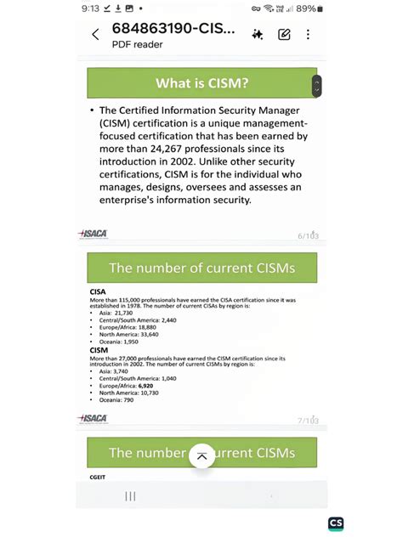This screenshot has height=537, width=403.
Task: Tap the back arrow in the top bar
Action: pos(95,35)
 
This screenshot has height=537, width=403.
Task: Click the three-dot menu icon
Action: pos(308,35)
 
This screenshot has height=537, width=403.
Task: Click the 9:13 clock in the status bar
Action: pos(91,8)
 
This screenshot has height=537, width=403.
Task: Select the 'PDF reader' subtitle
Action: pos(137,44)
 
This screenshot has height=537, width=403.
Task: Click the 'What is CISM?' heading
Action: pos(201,83)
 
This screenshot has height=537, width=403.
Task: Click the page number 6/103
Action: pos(307,235)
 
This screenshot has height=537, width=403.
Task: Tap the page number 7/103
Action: pos(307,420)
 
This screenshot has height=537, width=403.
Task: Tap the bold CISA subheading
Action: pos(98,291)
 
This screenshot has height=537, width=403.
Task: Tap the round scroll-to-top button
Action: pos(201,456)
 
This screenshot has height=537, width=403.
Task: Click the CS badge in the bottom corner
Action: pos(335,523)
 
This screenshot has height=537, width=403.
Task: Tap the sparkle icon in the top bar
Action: pos(257,35)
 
